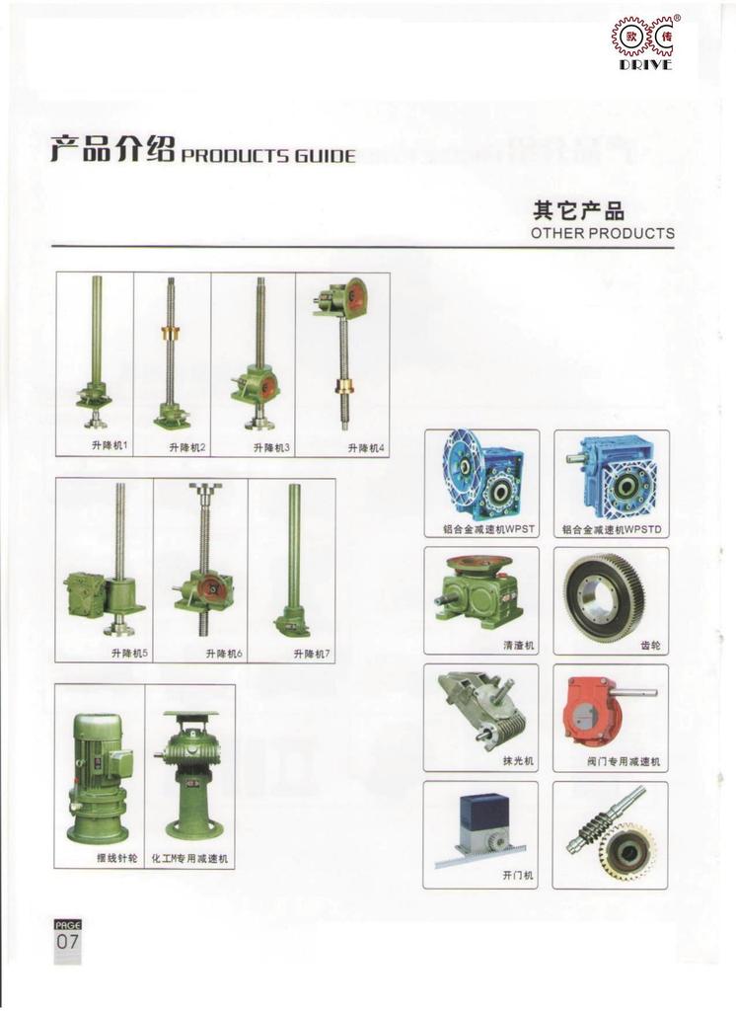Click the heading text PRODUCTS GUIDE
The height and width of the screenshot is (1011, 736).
coord(268,155)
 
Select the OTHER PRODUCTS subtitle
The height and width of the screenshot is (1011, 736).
coord(603,233)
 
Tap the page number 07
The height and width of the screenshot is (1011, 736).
coord(68,941)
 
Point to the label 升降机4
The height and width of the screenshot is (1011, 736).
coord(365,448)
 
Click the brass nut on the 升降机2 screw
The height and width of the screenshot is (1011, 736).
coord(172,336)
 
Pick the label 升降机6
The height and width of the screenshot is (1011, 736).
coord(224,654)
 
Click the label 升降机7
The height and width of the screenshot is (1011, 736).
coord(312,654)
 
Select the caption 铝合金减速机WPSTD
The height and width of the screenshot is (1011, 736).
coord(612,530)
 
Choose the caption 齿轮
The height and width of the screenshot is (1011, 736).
coord(650,645)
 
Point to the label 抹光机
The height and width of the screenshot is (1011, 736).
coord(518,761)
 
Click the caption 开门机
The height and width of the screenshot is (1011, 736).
coord(518,876)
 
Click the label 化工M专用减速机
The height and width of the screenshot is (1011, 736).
coord(189,859)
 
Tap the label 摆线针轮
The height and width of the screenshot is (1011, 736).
coord(116,858)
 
